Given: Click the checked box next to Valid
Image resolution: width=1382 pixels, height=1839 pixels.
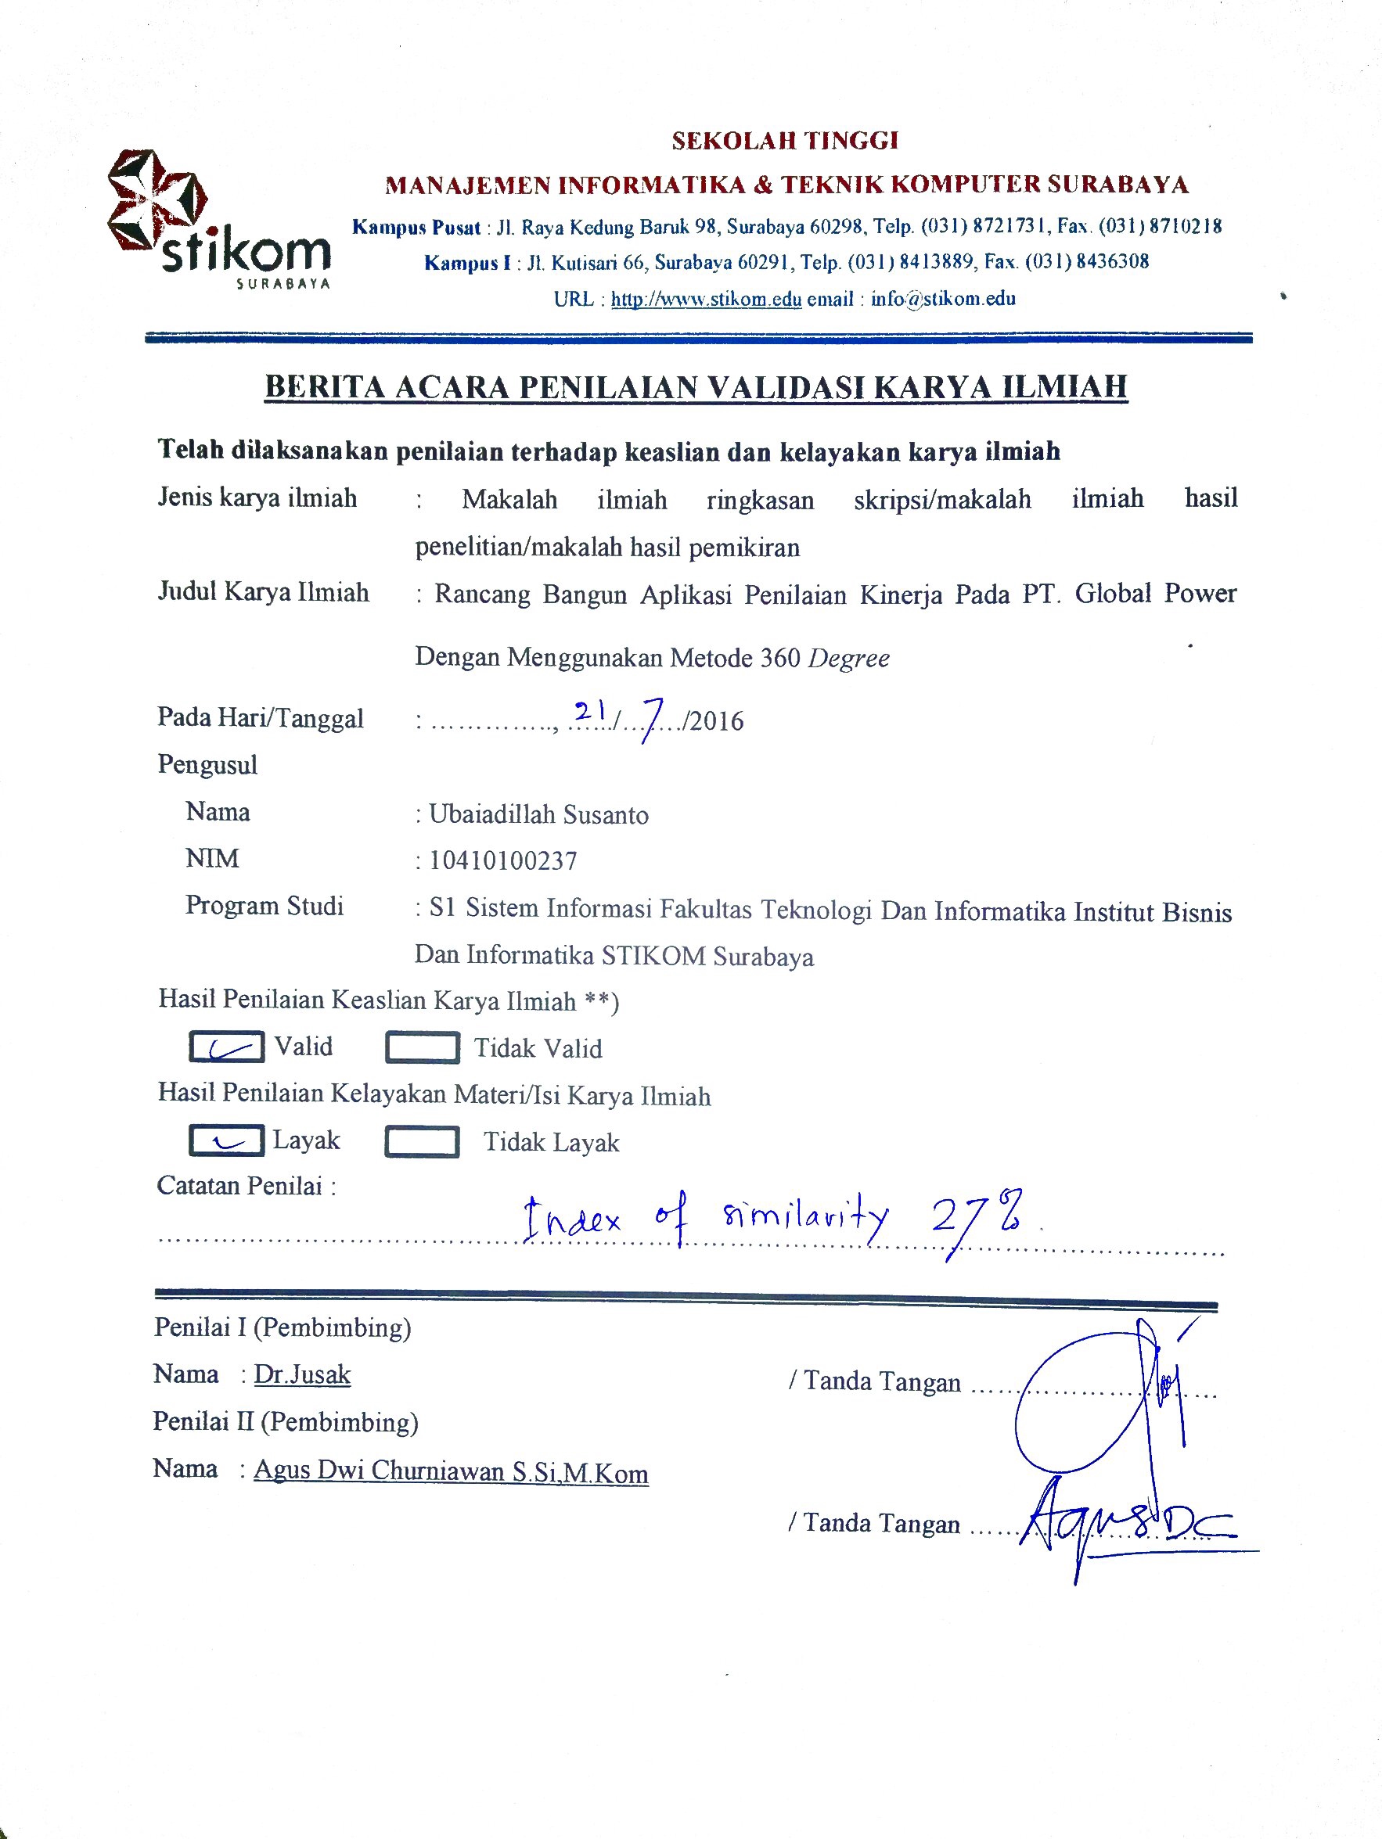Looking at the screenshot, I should (226, 1047).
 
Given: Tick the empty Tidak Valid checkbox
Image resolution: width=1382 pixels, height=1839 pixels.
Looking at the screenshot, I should (422, 1047).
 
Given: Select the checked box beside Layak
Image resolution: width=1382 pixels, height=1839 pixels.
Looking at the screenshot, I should (226, 1140).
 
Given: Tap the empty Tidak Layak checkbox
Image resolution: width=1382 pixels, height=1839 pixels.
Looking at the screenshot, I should (422, 1141).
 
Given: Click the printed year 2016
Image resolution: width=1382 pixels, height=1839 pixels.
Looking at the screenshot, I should (716, 720).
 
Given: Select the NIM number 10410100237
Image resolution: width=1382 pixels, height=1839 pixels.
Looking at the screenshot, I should (502, 860).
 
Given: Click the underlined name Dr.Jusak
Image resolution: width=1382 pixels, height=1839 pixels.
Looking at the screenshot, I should (302, 1374).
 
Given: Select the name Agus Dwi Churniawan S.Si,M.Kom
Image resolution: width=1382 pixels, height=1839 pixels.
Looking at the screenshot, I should (451, 1471).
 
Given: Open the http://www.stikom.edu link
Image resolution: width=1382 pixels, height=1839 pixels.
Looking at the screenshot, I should (706, 300).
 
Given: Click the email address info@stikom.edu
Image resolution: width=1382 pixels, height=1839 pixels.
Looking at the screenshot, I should (943, 300).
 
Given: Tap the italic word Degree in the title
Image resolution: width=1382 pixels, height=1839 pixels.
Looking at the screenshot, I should (849, 659).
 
